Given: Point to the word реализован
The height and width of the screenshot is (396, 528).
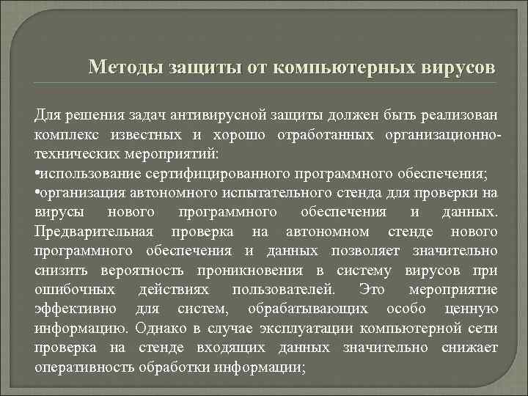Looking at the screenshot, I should [458, 115].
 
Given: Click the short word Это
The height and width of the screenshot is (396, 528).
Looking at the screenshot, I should [367, 290].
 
